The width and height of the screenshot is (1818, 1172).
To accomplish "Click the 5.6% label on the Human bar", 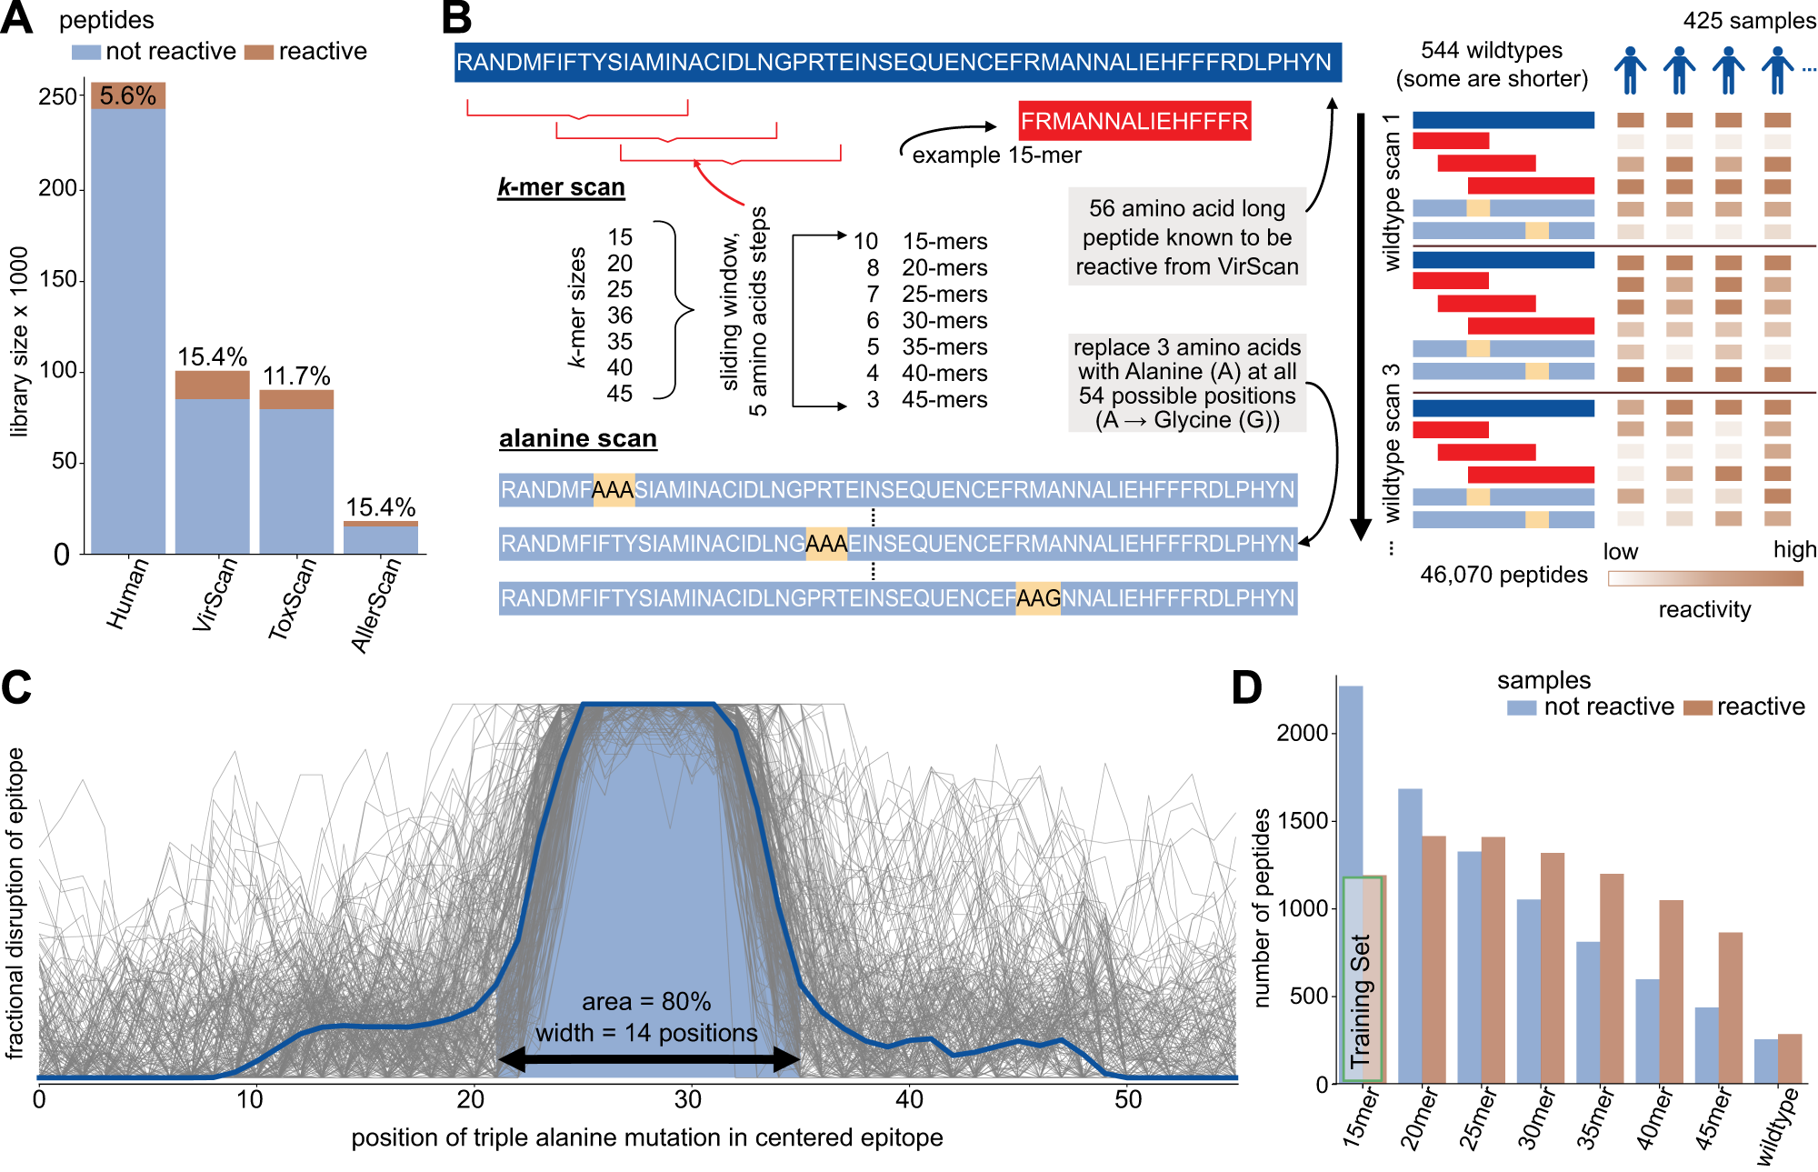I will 128,95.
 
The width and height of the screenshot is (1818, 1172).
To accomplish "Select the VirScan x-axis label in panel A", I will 215,595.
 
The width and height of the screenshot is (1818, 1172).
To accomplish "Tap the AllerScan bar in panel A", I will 381,538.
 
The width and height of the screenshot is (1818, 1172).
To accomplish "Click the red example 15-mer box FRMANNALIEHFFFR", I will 1134,121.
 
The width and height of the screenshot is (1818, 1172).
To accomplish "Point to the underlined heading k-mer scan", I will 561,187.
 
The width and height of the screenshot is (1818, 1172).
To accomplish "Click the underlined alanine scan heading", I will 577,438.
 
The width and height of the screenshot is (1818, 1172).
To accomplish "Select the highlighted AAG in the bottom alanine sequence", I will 1038,598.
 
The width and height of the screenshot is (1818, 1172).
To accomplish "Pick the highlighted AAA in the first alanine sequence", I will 614,490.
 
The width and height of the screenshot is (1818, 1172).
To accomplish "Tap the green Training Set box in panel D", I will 1362,980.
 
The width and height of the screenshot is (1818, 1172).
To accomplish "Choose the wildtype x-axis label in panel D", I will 1777,1127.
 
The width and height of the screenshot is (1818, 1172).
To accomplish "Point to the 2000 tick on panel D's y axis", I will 1302,733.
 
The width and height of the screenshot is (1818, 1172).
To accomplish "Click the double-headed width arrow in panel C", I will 649,1058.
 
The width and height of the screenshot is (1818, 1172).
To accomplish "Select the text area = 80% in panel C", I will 646,1001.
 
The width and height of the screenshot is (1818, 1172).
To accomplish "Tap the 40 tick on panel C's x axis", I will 909,1099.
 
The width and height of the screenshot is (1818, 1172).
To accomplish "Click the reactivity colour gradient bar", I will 1705,578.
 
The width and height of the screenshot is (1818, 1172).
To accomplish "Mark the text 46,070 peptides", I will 1503,575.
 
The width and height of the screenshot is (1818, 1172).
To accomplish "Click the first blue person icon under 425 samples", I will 1630,71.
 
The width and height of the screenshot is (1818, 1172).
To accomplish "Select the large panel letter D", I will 1247,687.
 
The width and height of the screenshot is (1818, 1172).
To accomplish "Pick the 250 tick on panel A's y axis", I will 57,96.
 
